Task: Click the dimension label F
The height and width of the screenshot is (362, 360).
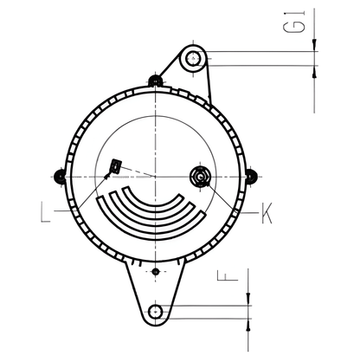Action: coord(223,279)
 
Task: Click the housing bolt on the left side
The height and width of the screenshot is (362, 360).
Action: coord(60,176)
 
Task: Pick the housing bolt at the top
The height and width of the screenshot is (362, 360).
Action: coord(155,81)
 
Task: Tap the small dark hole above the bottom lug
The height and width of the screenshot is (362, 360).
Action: coord(155,272)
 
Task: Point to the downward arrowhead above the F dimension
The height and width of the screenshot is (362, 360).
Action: coord(248,297)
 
